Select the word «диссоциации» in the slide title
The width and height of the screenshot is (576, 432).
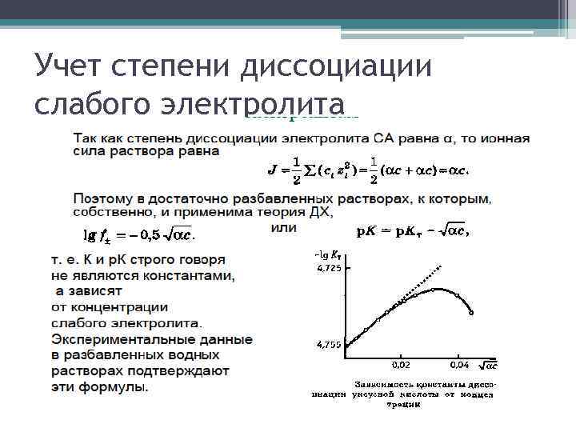coord(336,65)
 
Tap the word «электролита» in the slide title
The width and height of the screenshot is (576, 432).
coord(254,105)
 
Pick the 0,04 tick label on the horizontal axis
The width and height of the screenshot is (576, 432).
coord(459,365)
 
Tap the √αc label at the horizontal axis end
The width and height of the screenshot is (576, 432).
coord(490,365)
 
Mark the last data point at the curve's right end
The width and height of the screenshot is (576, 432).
coord(471,313)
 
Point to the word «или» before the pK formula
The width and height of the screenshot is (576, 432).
coord(283,228)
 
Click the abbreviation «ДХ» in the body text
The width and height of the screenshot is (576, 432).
coord(320,212)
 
